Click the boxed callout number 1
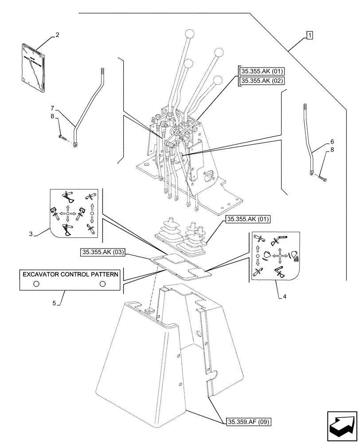pyautogui.click(x=309, y=35)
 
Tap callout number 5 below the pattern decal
pyautogui.click(x=54, y=303)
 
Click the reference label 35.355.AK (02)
pyautogui.click(x=262, y=81)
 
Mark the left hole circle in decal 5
pyautogui.click(x=36, y=284)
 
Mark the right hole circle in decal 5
pyautogui.click(x=103, y=284)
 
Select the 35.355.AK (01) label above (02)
pyautogui.click(x=262, y=71)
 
